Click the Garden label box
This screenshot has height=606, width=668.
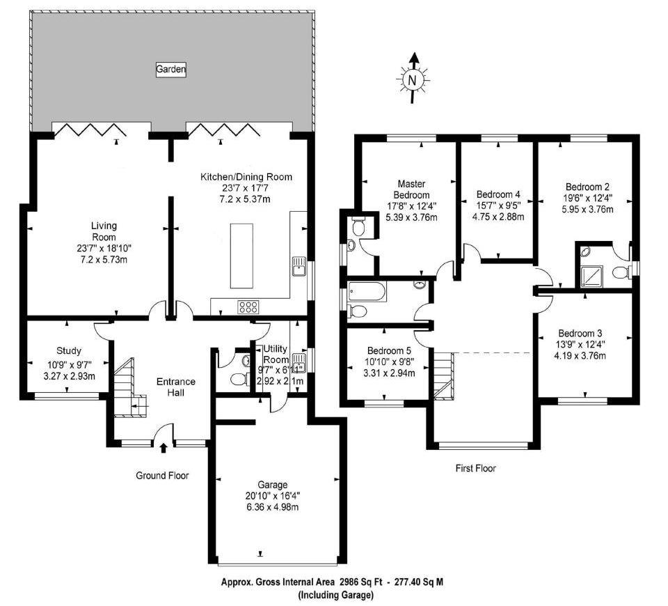pos(170,69)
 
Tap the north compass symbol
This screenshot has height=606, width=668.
pos(414,79)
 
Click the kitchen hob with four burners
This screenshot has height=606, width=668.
pos(248,306)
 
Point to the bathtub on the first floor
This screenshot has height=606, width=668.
pos(366,290)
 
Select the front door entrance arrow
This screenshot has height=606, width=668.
pos(164,448)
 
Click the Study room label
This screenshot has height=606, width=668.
pos(69,350)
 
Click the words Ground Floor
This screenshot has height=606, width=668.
pos(162,476)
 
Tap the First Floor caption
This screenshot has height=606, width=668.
pos(475,468)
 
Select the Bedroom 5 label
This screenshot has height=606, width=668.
pos(391,351)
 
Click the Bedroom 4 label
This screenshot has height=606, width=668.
pos(498,194)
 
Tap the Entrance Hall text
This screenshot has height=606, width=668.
pos(175,387)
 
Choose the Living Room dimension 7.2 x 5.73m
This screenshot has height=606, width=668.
pos(103,260)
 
